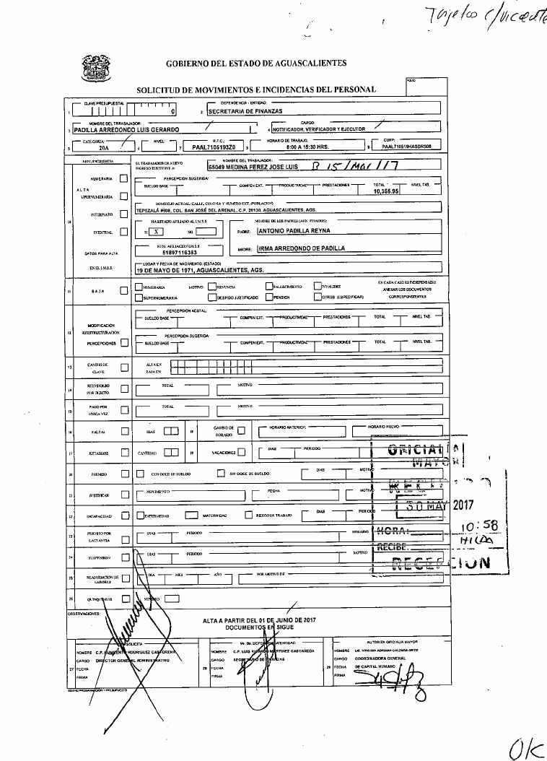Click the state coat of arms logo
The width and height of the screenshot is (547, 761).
click(95, 68)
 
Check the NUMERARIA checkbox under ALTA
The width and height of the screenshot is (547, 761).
click(123, 178)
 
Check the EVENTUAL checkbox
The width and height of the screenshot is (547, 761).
click(123, 232)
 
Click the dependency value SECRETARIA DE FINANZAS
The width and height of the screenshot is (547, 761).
click(241, 112)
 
